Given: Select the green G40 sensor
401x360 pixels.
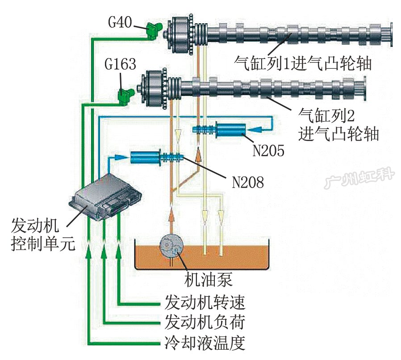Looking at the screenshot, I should coord(154,30).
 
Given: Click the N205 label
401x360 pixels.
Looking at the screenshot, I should coord(268,151).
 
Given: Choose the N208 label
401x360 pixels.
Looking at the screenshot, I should coord(247,182).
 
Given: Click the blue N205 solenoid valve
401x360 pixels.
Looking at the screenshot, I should coord(230,130).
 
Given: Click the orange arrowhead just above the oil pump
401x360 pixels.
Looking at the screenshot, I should coord(171,216).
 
